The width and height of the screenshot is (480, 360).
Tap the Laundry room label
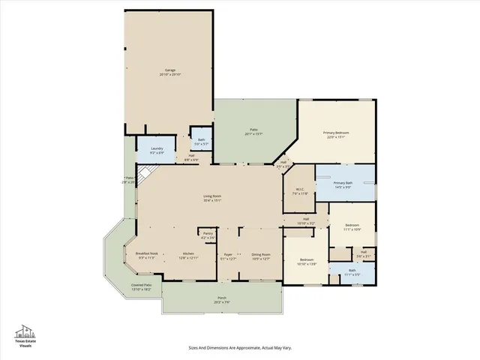pyautogui.click(x=156, y=148)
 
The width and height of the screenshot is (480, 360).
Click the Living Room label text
pyautogui.click(x=212, y=196)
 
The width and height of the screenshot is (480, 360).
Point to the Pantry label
pyautogui.click(x=208, y=233)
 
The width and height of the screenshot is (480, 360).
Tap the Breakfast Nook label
pyautogui.click(x=147, y=253)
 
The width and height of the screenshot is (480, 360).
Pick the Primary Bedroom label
pyautogui.click(x=336, y=133)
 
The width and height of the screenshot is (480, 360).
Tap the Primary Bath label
pyautogui.click(x=343, y=183)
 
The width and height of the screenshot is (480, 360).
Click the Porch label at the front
pyautogui.click(x=222, y=298)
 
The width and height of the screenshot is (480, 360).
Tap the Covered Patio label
pyautogui.click(x=142, y=285)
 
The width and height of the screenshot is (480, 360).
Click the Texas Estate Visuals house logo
pyautogui.click(x=25, y=331)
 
